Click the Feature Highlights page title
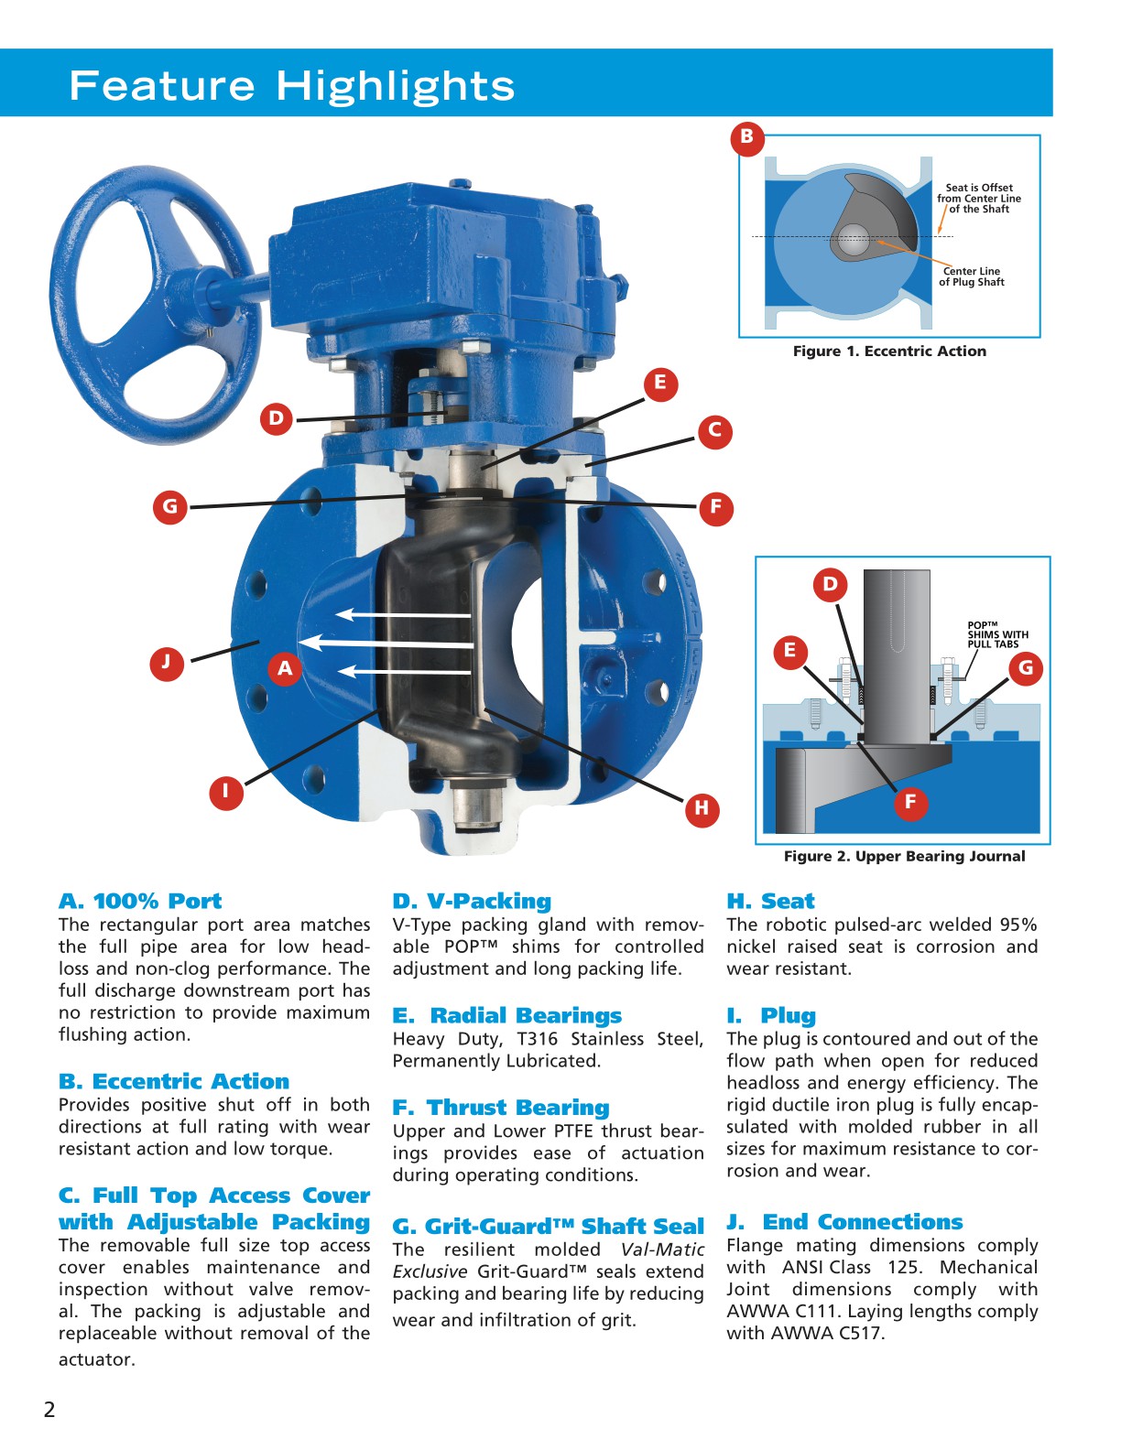pyautogui.click(x=291, y=85)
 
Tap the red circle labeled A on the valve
pyautogui.click(x=285, y=668)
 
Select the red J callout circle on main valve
pyautogui.click(x=166, y=662)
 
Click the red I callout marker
pyautogui.click(x=225, y=791)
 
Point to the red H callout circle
pyautogui.click(x=702, y=807)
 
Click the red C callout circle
pyautogui.click(x=715, y=431)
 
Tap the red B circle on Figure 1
pyautogui.click(x=747, y=137)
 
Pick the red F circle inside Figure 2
pyautogui.click(x=910, y=803)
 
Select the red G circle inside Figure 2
pyautogui.click(x=1026, y=668)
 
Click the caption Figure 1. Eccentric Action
pyautogui.click(x=889, y=352)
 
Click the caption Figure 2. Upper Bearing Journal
pyautogui.click(x=904, y=857)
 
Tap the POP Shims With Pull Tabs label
pyautogui.click(x=997, y=635)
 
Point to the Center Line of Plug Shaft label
pyautogui.click(x=971, y=276)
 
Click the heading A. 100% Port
pyautogui.click(x=140, y=901)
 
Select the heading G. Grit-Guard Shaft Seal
pyautogui.click(x=548, y=1227)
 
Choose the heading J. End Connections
pyautogui.click(x=843, y=1222)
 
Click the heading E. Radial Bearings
pyautogui.click(x=506, y=1015)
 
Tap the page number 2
pyautogui.click(x=49, y=1410)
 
